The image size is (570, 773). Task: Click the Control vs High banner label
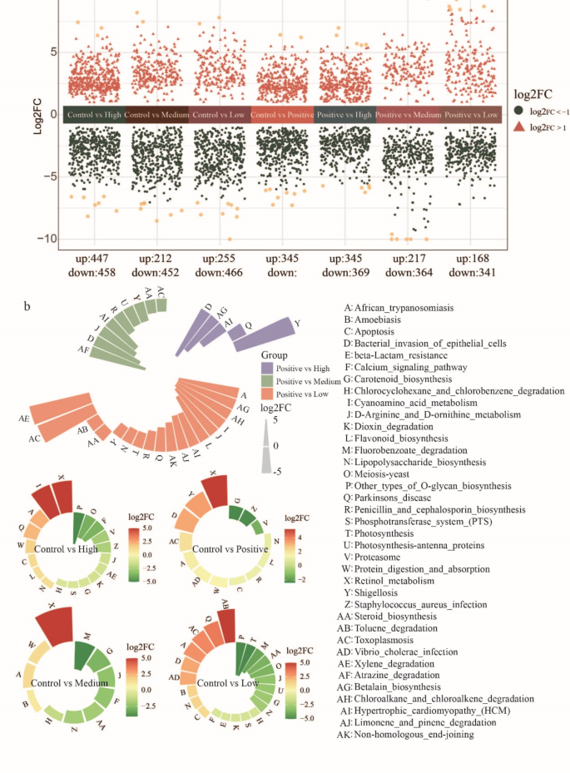92,115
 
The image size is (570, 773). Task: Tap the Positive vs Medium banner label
408,115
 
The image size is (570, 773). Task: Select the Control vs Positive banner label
282,115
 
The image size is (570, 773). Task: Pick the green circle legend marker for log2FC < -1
518,110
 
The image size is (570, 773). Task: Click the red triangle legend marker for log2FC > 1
518,126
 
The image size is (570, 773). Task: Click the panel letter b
28,306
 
